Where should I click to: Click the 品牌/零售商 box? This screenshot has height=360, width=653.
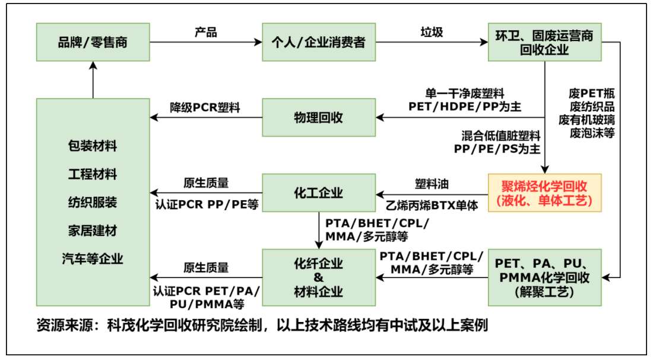(93, 42)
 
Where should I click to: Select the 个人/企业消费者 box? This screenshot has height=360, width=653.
(319, 42)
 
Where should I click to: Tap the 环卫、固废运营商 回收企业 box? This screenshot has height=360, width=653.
(544, 42)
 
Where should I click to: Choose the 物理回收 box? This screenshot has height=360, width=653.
(319, 117)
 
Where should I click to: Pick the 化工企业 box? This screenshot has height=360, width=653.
(319, 192)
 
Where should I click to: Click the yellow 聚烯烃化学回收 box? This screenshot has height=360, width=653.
(544, 192)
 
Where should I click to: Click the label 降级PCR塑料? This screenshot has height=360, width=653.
(206, 107)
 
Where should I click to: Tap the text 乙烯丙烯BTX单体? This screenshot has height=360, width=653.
(432, 205)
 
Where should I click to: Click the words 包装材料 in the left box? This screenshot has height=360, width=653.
(93, 146)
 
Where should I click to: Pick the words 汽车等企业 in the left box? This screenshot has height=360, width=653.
(93, 258)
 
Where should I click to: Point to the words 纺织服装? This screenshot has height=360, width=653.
(93, 202)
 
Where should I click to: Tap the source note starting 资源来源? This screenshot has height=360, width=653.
(262, 326)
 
